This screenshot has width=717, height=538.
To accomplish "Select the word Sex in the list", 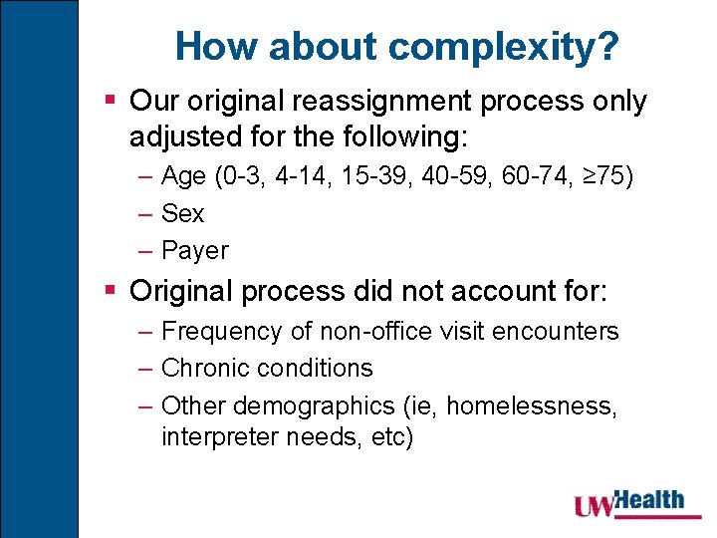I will click(182, 213).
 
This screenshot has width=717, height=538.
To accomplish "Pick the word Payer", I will click(194, 250).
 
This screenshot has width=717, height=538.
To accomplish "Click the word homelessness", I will click(533, 404).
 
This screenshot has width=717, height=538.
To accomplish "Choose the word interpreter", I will click(218, 436).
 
